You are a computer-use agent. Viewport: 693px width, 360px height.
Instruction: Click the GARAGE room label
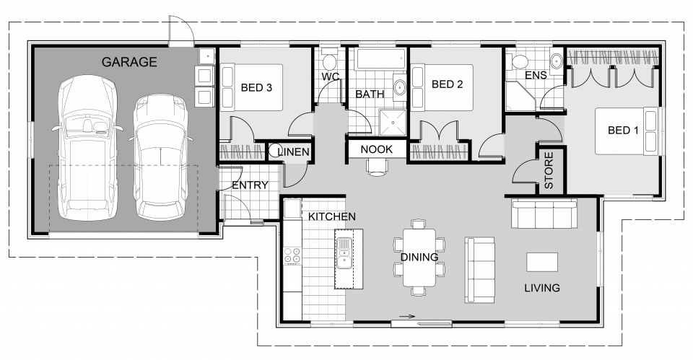[128, 62]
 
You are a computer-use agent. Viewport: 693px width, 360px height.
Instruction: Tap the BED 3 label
[256, 88]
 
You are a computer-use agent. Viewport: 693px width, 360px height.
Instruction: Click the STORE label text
[549, 170]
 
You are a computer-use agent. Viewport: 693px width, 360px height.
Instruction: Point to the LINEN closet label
[294, 152]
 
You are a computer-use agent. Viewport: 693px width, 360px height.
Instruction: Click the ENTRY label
[250, 185]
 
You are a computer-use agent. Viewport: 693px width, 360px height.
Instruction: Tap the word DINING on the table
[419, 258]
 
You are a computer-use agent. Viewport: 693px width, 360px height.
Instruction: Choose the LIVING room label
[542, 288]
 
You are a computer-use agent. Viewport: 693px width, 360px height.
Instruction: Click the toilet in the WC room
[329, 61]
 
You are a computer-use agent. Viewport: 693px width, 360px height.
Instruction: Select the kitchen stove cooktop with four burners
[292, 255]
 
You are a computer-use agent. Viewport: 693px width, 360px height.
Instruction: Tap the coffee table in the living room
[542, 260]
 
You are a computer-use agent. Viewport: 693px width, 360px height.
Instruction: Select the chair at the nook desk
[376, 167]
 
